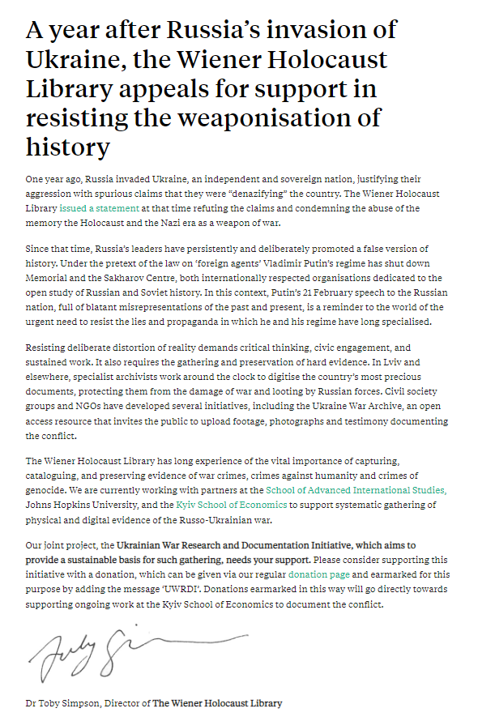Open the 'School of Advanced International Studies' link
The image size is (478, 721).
tap(356, 490)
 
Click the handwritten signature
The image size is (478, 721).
tap(122, 648)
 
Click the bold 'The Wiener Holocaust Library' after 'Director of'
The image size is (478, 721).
tap(216, 703)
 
